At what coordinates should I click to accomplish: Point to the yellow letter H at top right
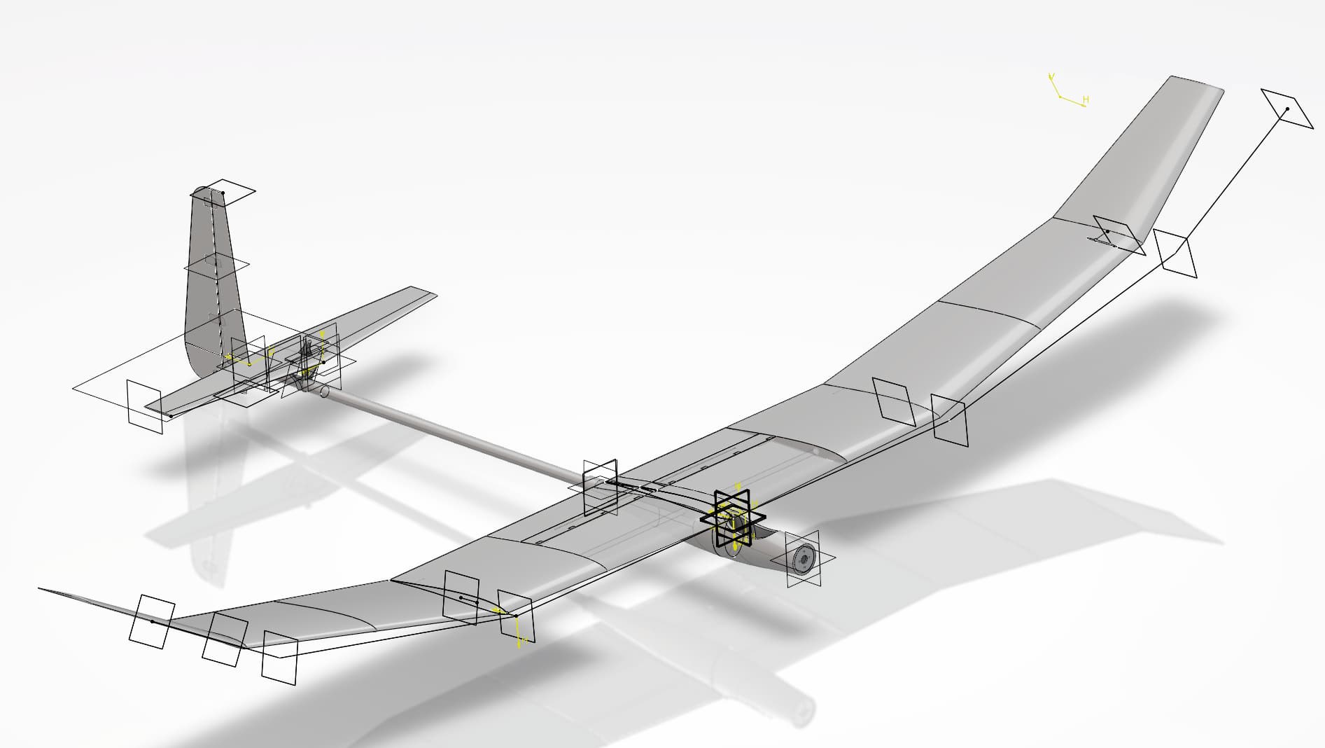[1086, 101]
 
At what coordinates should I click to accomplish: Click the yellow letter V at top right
[1051, 76]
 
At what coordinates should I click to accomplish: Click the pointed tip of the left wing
[42, 589]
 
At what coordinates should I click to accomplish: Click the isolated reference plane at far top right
[1287, 109]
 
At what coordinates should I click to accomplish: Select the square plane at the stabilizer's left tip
[144, 407]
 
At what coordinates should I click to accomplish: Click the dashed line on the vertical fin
[214, 273]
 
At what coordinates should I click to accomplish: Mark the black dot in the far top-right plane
[1287, 109]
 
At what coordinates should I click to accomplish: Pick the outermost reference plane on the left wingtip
[151, 621]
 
